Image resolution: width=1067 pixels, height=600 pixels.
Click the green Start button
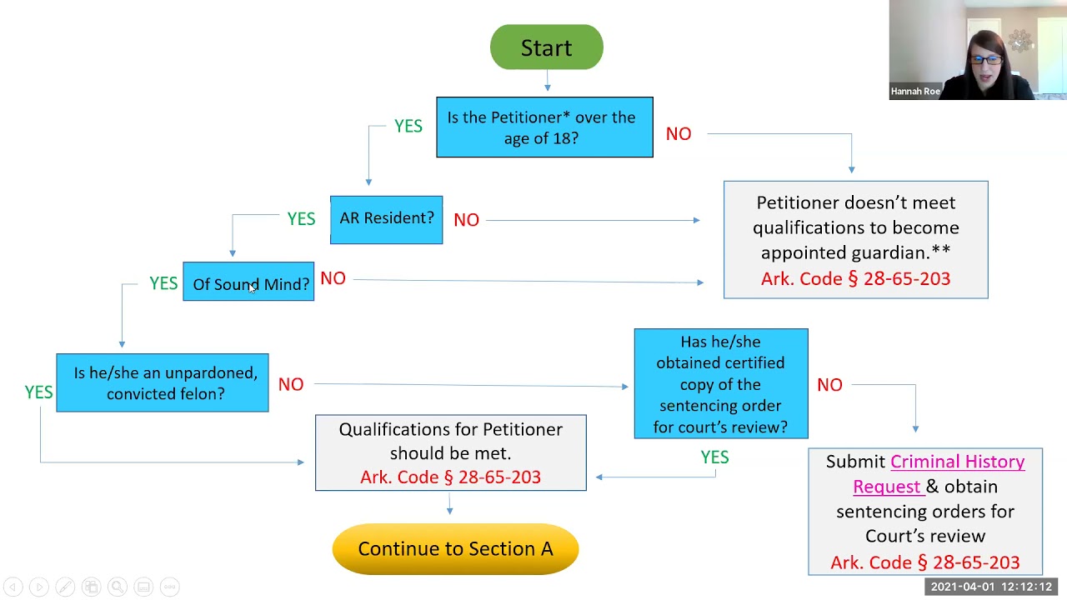pyautogui.click(x=546, y=47)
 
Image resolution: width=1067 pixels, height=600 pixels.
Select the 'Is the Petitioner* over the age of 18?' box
pyautogui.click(x=544, y=127)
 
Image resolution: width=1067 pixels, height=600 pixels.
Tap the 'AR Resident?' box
pyautogui.click(x=386, y=219)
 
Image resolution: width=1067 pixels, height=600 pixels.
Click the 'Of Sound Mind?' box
pyautogui.click(x=248, y=282)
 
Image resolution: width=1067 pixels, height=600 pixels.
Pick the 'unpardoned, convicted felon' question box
pyautogui.click(x=163, y=383)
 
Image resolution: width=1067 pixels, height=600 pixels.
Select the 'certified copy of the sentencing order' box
pyautogui.click(x=720, y=383)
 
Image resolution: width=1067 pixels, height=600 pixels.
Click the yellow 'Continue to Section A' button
pyautogui.click(x=455, y=548)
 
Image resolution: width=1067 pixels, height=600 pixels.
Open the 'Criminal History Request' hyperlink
pyautogui.click(x=956, y=462)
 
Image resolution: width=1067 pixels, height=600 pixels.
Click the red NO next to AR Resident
pyautogui.click(x=466, y=220)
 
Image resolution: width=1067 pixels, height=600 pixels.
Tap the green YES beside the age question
pyautogui.click(x=408, y=126)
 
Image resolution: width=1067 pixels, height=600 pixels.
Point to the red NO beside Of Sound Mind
pyautogui.click(x=333, y=278)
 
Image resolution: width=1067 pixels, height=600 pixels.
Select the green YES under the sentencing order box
pyautogui.click(x=714, y=457)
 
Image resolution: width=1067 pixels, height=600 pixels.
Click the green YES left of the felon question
pyautogui.click(x=38, y=392)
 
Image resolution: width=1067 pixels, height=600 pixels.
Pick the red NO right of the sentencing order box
pyautogui.click(x=829, y=385)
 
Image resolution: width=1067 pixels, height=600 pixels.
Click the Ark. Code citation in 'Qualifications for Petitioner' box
pyautogui.click(x=450, y=477)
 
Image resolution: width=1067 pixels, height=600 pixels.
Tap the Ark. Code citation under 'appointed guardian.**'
pyautogui.click(x=855, y=279)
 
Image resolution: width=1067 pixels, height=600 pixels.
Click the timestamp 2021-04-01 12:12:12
pyautogui.click(x=991, y=587)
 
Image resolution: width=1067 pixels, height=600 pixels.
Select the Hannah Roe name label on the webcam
pyautogui.click(x=915, y=92)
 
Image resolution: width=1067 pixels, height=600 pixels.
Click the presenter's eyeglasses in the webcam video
pyautogui.click(x=986, y=60)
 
